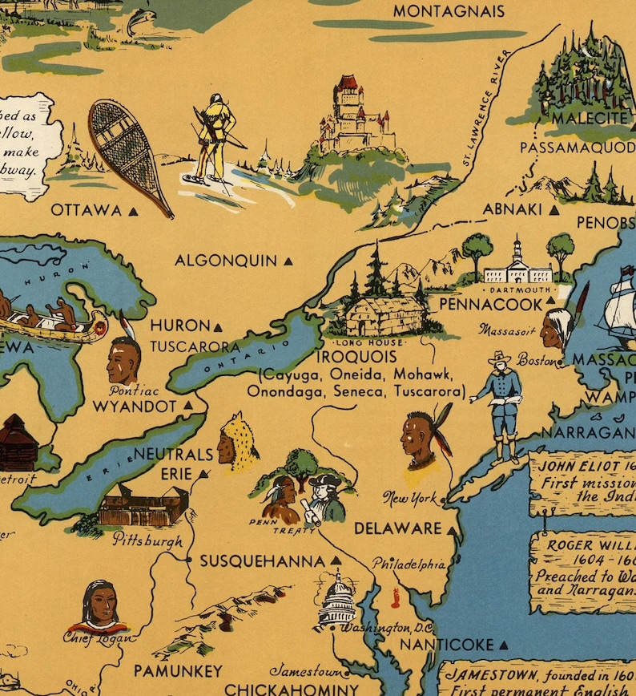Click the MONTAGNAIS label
click(449, 11)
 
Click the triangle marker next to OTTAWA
click(134, 211)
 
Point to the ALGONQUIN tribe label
click(225, 261)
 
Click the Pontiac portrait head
click(123, 360)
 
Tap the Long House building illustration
click(384, 314)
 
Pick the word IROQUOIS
click(356, 357)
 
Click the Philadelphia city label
click(409, 564)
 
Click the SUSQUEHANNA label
click(263, 561)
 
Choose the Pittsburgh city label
click(147, 539)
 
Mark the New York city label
click(410, 498)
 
